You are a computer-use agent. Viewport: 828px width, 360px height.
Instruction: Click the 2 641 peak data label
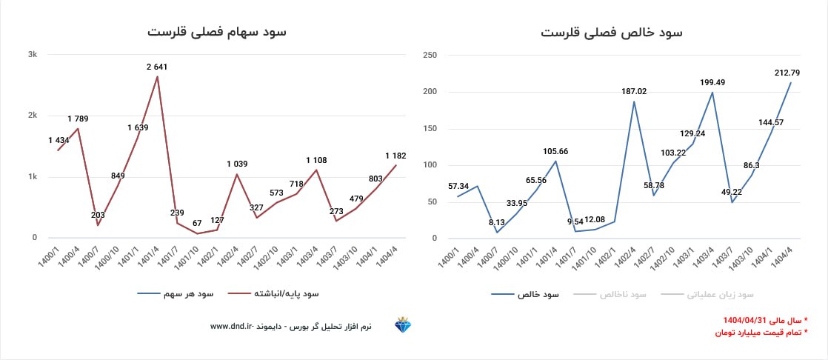click(157, 67)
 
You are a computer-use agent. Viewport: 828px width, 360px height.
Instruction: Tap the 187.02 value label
click(634, 91)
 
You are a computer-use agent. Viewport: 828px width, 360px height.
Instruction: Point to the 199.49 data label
click(712, 82)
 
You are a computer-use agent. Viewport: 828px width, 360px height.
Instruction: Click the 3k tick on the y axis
click(33, 54)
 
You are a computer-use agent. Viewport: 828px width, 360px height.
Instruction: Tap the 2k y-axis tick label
click(33, 116)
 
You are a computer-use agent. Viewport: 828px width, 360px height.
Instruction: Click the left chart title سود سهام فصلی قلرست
click(216, 33)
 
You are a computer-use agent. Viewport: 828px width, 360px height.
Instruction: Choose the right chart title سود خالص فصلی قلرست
click(612, 33)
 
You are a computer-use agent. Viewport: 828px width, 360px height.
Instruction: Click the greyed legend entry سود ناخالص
click(623, 294)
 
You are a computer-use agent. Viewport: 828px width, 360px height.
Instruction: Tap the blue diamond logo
click(404, 325)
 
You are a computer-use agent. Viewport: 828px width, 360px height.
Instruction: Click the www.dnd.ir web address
click(232, 326)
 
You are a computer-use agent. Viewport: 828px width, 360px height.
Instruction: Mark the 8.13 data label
click(496, 221)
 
